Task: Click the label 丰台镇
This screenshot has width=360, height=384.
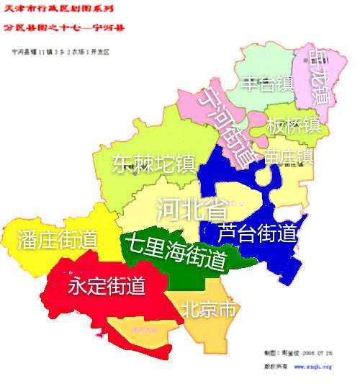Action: pos(267,83)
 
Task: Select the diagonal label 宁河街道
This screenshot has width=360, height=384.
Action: pos(227,128)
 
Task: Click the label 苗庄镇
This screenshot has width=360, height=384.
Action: pos(288,157)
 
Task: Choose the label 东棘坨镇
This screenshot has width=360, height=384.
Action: pos(154,164)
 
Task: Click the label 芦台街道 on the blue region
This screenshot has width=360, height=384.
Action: pos(257,233)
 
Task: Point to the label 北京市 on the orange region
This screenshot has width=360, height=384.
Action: pos(208,311)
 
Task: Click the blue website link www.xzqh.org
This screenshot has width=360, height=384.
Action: pos(312,367)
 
